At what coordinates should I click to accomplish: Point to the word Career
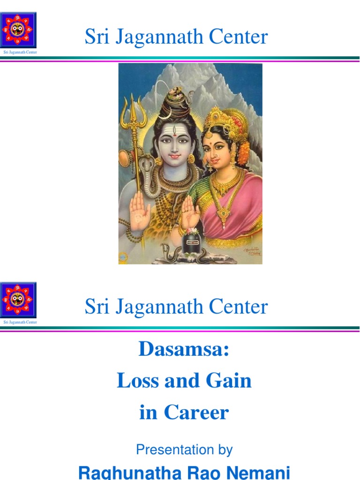pos(196,412)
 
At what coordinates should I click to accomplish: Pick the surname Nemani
pos(259,472)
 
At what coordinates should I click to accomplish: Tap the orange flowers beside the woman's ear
pos(244,152)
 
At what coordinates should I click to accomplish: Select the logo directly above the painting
pos(19,29)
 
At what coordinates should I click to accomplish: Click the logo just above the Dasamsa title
pos(19,300)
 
